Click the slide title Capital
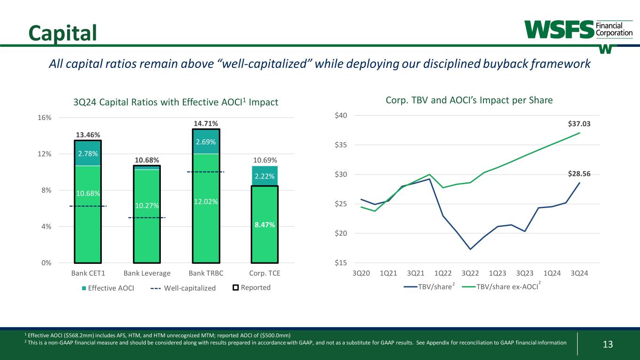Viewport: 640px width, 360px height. tap(62, 32)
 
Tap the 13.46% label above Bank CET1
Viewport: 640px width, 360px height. tap(88, 135)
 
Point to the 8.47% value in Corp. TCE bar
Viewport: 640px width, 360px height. tap(265, 225)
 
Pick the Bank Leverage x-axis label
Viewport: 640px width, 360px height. tap(147, 273)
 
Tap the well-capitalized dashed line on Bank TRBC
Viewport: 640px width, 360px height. tap(206, 172)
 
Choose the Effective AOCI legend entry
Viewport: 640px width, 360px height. tap(108, 288)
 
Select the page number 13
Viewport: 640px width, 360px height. tap(608, 345)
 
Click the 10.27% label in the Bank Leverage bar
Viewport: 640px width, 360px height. tap(147, 206)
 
